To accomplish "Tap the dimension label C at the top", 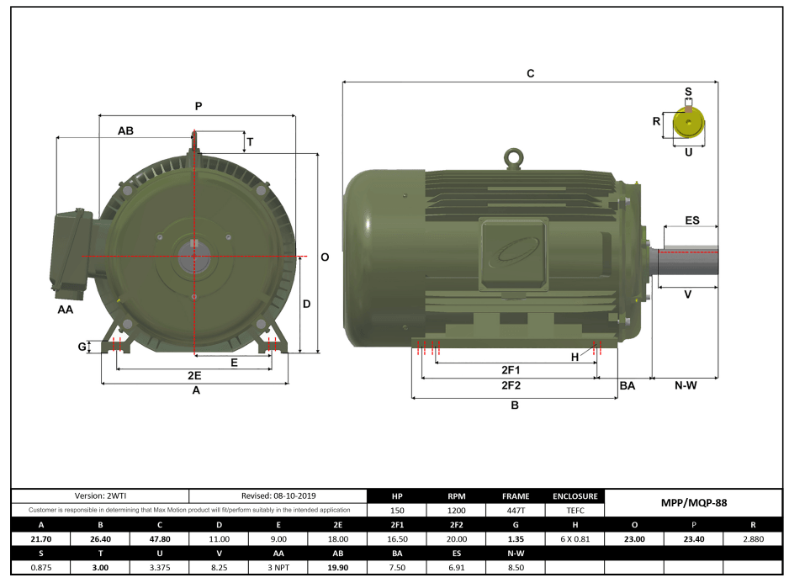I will (530, 74).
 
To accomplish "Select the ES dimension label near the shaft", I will (691, 220).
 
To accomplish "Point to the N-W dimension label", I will (686, 386).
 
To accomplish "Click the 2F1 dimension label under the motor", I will (511, 369).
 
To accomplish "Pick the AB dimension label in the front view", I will (125, 131).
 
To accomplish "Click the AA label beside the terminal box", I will (65, 310).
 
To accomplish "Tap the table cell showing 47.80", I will (159, 539).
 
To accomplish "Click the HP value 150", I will (397, 510).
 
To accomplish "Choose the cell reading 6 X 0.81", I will (575, 539).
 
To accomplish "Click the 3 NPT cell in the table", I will (278, 568).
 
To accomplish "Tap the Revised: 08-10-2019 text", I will (278, 496).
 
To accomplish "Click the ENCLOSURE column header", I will (575, 496).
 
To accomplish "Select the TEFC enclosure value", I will (575, 510).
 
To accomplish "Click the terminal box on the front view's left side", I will (71, 252).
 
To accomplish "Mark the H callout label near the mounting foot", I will (575, 357).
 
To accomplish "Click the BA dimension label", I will (627, 386).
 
